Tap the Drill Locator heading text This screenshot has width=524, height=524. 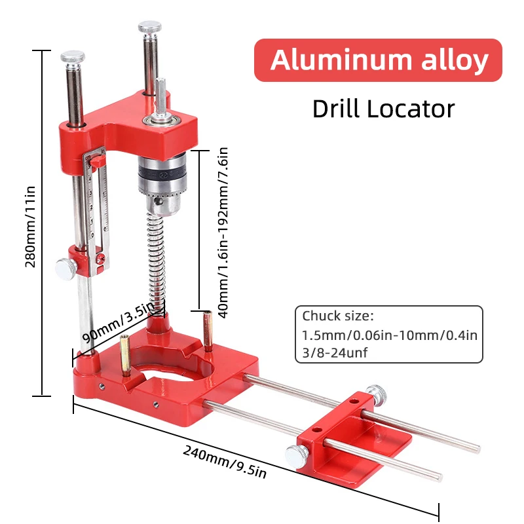tap(383, 108)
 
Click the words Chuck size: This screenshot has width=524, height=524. tap(337, 316)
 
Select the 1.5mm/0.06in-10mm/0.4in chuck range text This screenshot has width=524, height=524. tap(390, 335)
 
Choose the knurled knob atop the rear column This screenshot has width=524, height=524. tap(149, 28)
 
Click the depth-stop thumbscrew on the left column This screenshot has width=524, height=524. tap(65, 267)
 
